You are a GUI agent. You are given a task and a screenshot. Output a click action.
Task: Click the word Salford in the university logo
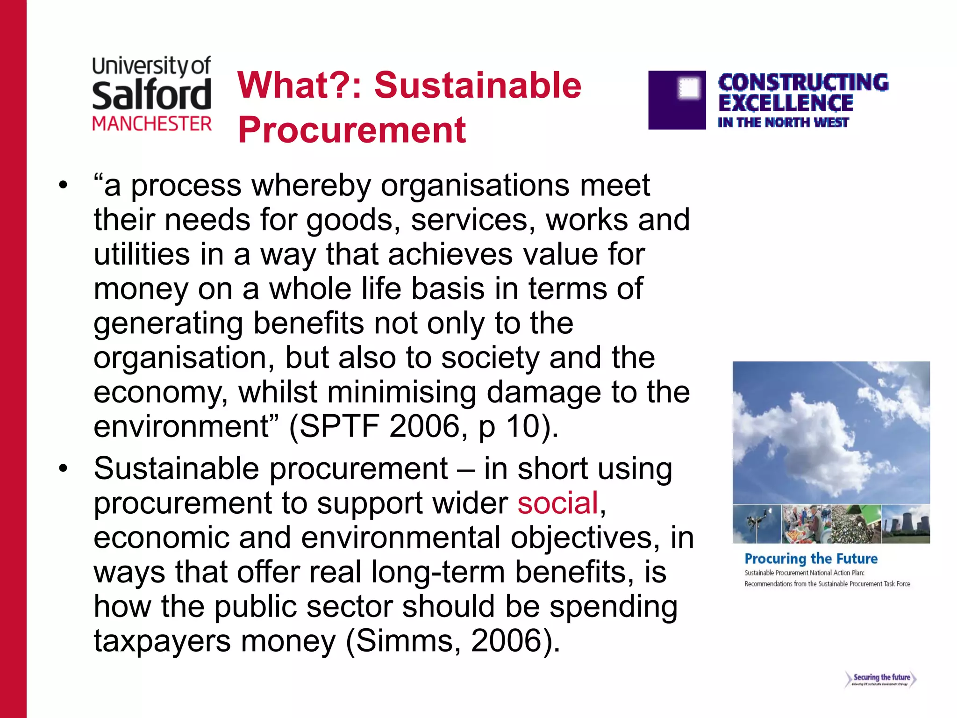tap(151, 95)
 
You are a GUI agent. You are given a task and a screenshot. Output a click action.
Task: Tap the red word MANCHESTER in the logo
tap(152, 124)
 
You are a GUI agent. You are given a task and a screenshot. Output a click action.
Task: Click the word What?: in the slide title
tap(300, 86)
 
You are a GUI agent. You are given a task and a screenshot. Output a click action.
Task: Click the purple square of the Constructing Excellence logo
tap(677, 100)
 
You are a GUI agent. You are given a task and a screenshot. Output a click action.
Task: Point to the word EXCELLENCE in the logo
tap(786, 103)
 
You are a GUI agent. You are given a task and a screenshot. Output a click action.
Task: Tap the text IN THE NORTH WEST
tap(783, 122)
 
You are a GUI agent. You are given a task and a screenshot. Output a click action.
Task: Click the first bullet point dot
tap(63, 186)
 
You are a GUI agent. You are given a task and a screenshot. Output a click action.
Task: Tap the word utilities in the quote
tap(142, 254)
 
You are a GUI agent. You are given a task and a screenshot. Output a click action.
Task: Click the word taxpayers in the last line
tap(162, 640)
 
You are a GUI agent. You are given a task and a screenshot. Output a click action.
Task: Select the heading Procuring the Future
tap(811, 559)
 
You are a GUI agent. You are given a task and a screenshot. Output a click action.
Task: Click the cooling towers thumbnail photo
tap(906, 524)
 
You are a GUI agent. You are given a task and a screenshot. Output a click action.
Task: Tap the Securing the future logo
tap(881, 679)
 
